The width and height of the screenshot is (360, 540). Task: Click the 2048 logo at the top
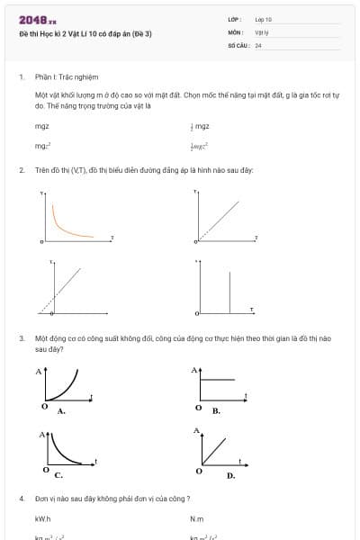37,20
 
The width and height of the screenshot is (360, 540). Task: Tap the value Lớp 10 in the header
263,19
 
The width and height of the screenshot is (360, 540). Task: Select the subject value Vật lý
261,31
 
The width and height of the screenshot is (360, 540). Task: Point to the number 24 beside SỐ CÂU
258,44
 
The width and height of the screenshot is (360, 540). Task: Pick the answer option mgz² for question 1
42,145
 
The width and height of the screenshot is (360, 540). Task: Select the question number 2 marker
21,169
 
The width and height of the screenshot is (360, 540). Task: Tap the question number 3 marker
21,337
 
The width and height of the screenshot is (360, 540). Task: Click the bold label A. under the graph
61,410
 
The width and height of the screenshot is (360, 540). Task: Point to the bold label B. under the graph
216,410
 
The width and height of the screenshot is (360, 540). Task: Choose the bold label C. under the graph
58,474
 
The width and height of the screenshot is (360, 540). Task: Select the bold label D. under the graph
230,474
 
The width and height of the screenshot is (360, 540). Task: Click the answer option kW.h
42,519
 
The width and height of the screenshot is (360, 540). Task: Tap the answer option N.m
197,519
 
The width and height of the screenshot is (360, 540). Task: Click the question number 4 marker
21,498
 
